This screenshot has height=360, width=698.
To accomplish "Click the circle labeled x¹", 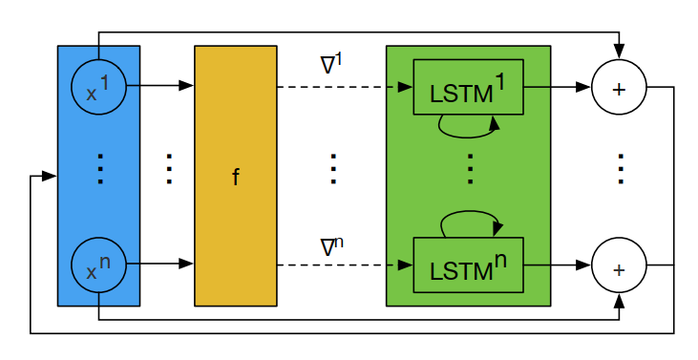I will point(98,87).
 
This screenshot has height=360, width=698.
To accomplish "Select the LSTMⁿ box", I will point(468,265).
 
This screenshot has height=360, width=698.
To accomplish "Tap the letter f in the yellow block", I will point(236,178).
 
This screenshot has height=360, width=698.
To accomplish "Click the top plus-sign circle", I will point(619,88).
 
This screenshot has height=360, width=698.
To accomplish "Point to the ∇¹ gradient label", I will point(331,65).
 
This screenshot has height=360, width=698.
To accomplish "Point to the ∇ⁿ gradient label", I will point(331,245).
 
